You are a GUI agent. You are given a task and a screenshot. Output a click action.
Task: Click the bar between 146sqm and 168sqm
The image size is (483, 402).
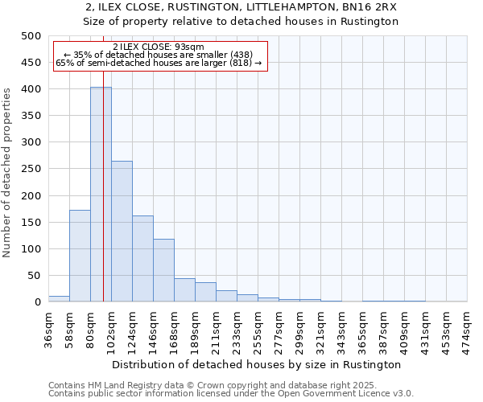point(163,270)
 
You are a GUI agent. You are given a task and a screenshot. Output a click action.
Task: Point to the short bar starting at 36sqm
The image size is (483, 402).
point(59,298)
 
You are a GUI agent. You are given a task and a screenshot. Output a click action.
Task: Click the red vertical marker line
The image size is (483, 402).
point(104,161)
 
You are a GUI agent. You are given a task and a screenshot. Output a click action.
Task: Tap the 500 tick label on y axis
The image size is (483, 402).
point(31,36)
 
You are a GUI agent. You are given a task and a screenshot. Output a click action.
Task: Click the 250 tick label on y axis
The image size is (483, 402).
point(31,169)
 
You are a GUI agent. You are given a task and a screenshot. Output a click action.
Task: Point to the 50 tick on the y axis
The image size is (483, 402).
point(34,276)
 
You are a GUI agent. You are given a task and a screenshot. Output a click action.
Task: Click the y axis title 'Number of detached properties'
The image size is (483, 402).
point(7,169)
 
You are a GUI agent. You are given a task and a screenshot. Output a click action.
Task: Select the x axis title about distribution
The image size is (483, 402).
point(258,364)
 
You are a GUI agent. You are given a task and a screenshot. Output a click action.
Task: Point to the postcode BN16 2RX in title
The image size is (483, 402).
point(365,6)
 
